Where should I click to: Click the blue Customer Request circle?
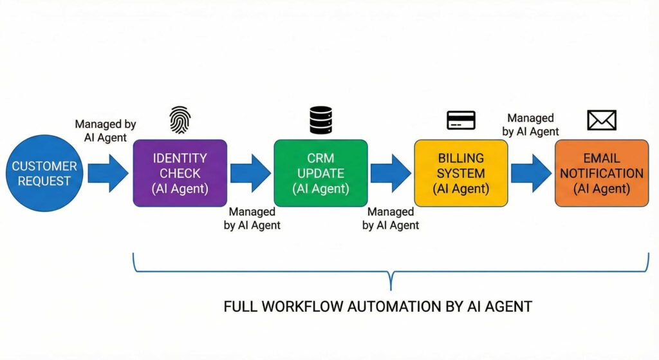[43, 173]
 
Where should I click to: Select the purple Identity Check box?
[180, 173]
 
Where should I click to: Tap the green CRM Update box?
[320, 173]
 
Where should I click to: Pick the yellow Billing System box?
[461, 173]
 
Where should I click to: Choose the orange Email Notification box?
[601, 173]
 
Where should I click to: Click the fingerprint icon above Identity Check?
[180, 120]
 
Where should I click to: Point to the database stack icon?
[320, 120]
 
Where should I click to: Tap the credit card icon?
[461, 120]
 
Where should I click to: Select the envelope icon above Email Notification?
[601, 120]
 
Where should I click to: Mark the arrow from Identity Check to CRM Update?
[250, 173]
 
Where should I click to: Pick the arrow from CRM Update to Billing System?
[391, 173]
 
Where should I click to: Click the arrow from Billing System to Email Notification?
[531, 173]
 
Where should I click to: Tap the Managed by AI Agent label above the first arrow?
[105, 131]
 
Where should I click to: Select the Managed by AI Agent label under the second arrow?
[252, 218]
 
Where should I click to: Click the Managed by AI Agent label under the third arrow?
[391, 218]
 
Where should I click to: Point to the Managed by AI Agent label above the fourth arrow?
[531, 124]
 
